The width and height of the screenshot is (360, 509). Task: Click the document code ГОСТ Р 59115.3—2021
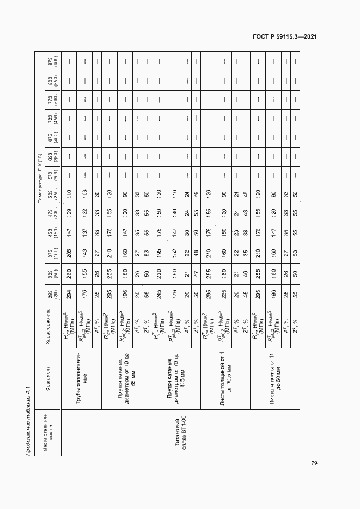[285, 36]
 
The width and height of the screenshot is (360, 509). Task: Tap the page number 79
[314, 463]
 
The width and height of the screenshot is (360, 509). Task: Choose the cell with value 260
[69, 275]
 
